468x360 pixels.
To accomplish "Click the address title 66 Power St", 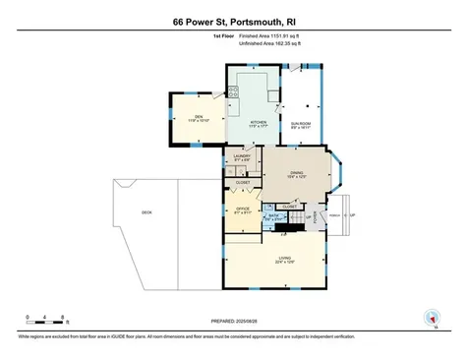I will tap(234, 21).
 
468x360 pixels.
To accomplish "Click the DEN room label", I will tap(198, 118).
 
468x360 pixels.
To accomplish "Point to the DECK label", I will tap(146, 211).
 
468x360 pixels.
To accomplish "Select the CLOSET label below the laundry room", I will tap(242, 183).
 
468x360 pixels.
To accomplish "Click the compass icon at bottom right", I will tap(429, 317).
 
